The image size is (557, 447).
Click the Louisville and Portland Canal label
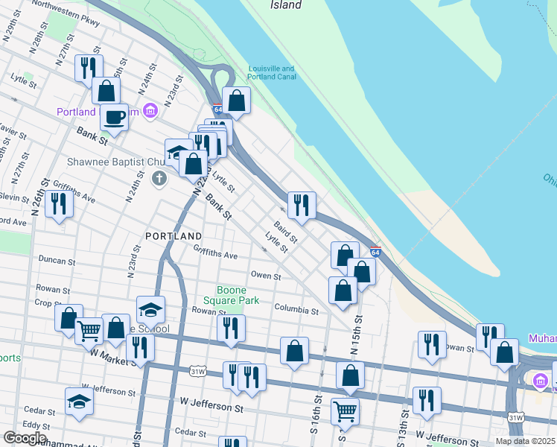[272, 72]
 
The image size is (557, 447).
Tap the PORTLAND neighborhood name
[174, 235]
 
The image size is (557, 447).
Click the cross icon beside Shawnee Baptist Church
[159, 178]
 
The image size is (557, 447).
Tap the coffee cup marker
[114, 117]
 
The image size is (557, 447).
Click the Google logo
[25, 438]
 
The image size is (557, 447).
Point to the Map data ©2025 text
[525, 441]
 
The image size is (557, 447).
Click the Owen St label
[266, 276]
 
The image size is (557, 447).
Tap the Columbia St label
[296, 308]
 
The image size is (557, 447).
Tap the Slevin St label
[13, 196]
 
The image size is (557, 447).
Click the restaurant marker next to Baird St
[302, 205]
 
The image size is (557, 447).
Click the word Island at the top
[285, 5]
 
